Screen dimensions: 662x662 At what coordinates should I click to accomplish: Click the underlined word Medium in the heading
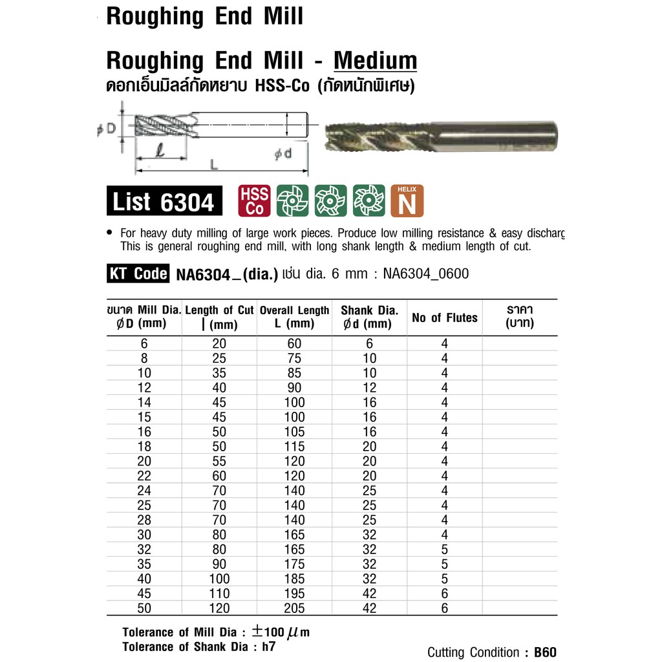pos(375,61)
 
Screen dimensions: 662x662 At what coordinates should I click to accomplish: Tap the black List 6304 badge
pos(164,202)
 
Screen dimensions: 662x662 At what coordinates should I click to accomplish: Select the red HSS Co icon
pos(255,201)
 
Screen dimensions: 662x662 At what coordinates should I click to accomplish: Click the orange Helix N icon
pos(407,201)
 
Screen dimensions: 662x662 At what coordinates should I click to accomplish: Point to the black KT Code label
pos(137,274)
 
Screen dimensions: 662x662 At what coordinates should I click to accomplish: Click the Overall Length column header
pos(294,317)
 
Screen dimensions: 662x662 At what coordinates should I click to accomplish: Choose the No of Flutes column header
pos(444,317)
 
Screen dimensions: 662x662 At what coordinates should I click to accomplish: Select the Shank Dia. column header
pos(369,317)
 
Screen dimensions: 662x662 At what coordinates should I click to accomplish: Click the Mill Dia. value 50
pos(145,608)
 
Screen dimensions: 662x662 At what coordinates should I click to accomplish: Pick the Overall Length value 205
pos(294,608)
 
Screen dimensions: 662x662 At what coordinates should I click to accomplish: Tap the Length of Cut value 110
pos(219,593)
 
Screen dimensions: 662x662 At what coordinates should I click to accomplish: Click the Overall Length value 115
pos(294,447)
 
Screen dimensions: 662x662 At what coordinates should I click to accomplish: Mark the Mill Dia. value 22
pos(145,476)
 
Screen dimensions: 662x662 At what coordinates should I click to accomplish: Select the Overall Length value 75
pos(294,358)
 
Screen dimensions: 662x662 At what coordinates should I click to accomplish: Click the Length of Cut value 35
pos(219,373)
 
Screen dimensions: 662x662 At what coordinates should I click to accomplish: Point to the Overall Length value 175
pos(294,564)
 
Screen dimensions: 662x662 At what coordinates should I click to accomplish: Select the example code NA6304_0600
pos(425,274)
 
